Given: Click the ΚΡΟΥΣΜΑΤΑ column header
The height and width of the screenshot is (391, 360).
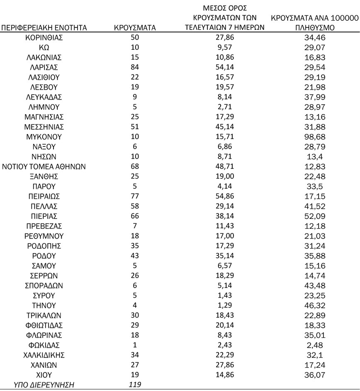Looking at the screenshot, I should (x=134, y=28).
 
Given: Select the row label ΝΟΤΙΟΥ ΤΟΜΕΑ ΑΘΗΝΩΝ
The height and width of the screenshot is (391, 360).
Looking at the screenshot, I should (x=44, y=167).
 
